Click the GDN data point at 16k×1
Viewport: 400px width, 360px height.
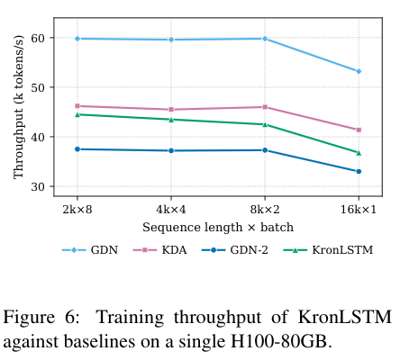click(x=359, y=71)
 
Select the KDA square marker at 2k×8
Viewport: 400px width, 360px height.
click(x=77, y=106)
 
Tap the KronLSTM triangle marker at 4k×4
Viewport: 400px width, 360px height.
click(x=171, y=120)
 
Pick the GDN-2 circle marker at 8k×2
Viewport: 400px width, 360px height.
click(x=265, y=150)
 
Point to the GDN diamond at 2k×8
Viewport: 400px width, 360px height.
click(x=77, y=39)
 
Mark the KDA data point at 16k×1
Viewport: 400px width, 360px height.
click(x=359, y=130)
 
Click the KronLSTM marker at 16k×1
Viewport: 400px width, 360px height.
click(x=359, y=153)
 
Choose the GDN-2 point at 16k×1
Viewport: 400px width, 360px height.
click(x=359, y=172)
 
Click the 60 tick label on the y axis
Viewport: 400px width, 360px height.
click(x=38, y=38)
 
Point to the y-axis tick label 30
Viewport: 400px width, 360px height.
click(x=38, y=186)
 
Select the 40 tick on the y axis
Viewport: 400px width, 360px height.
click(x=38, y=137)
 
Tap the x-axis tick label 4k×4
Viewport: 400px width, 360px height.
click(x=171, y=210)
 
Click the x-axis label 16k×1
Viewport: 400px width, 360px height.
click(x=359, y=210)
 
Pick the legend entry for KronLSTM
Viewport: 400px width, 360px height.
click(x=328, y=250)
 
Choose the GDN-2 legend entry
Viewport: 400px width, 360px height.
click(x=234, y=250)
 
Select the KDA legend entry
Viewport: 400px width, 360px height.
click(x=159, y=250)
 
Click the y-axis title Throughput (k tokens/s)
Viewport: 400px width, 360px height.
click(x=18, y=107)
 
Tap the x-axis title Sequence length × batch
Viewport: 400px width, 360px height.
click(x=218, y=228)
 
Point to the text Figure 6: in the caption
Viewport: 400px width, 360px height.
click(x=41, y=317)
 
